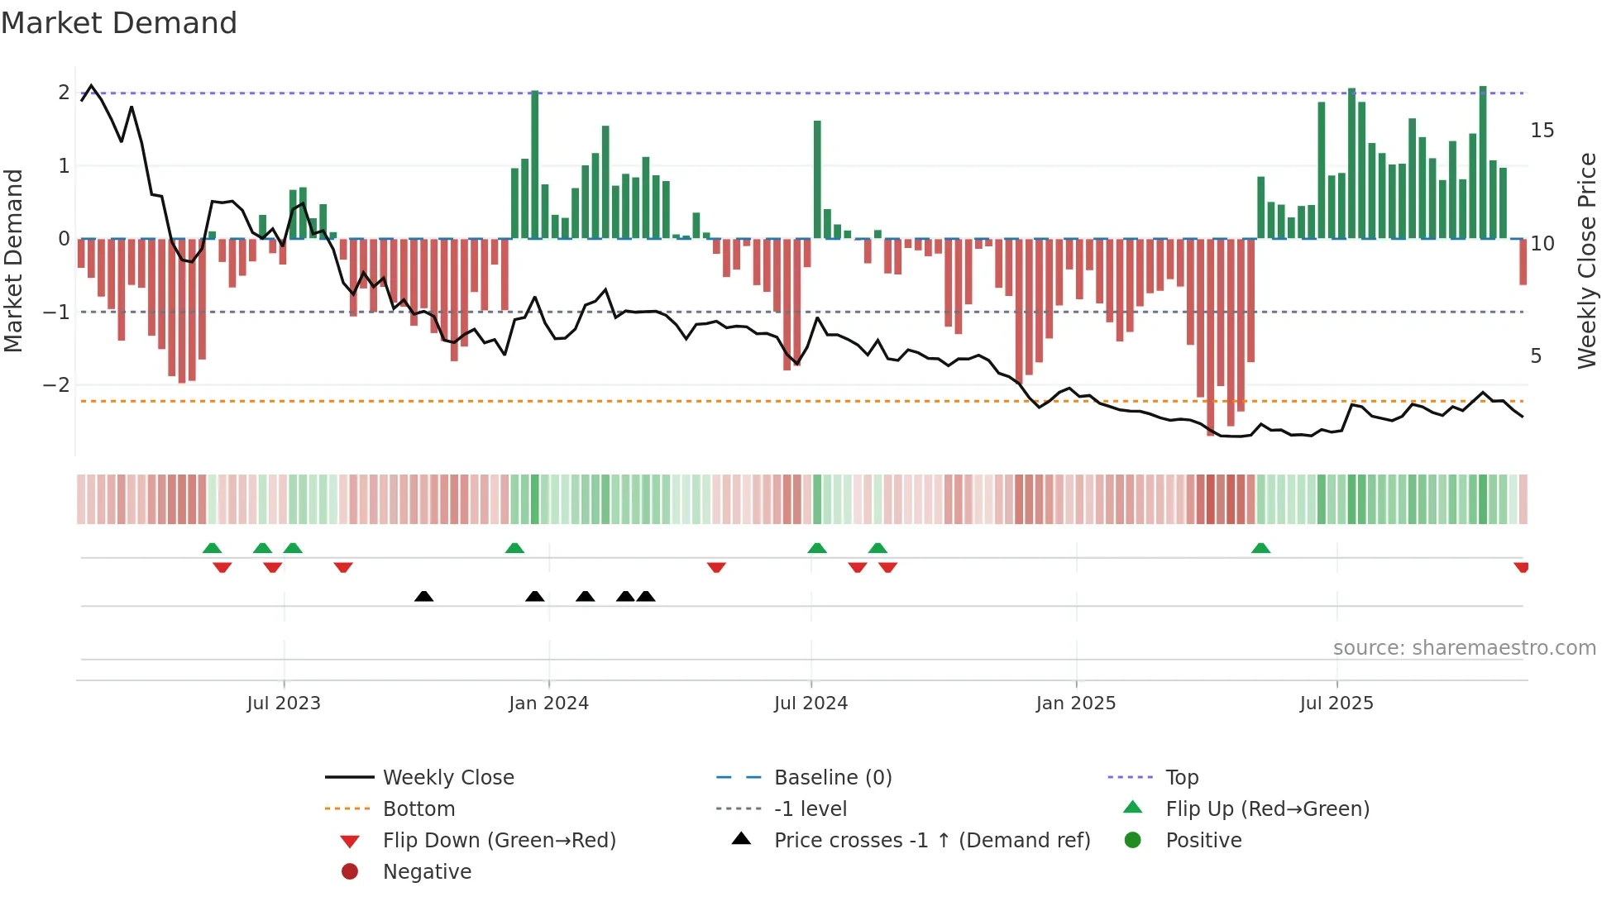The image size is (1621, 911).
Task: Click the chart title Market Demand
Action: [119, 23]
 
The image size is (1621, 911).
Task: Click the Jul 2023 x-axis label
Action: [284, 704]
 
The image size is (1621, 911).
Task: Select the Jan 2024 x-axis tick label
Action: [548, 704]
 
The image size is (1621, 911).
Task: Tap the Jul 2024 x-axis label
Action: [810, 704]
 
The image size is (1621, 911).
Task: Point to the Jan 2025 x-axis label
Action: [1075, 704]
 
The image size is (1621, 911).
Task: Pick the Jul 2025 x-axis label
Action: [1336, 704]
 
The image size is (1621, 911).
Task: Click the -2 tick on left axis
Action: [57, 385]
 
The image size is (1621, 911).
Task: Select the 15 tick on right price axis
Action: [1542, 131]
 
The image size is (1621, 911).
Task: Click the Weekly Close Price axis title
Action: [1586, 260]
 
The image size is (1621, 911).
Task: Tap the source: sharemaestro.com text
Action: [1464, 648]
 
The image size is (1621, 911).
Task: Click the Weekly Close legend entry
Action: [447, 778]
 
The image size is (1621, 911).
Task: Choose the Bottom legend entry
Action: [418, 809]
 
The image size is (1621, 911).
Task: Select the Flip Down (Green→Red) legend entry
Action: [499, 841]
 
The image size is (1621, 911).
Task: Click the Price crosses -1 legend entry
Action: [931, 841]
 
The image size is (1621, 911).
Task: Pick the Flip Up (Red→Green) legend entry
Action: [1267, 809]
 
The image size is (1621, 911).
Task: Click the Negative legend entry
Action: [427, 872]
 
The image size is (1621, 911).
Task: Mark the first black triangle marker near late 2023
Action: [423, 596]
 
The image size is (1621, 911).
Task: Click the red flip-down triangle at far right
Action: [1521, 567]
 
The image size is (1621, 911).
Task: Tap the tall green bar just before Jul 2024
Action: [817, 179]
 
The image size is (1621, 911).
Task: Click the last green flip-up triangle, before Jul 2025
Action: [1260, 548]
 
